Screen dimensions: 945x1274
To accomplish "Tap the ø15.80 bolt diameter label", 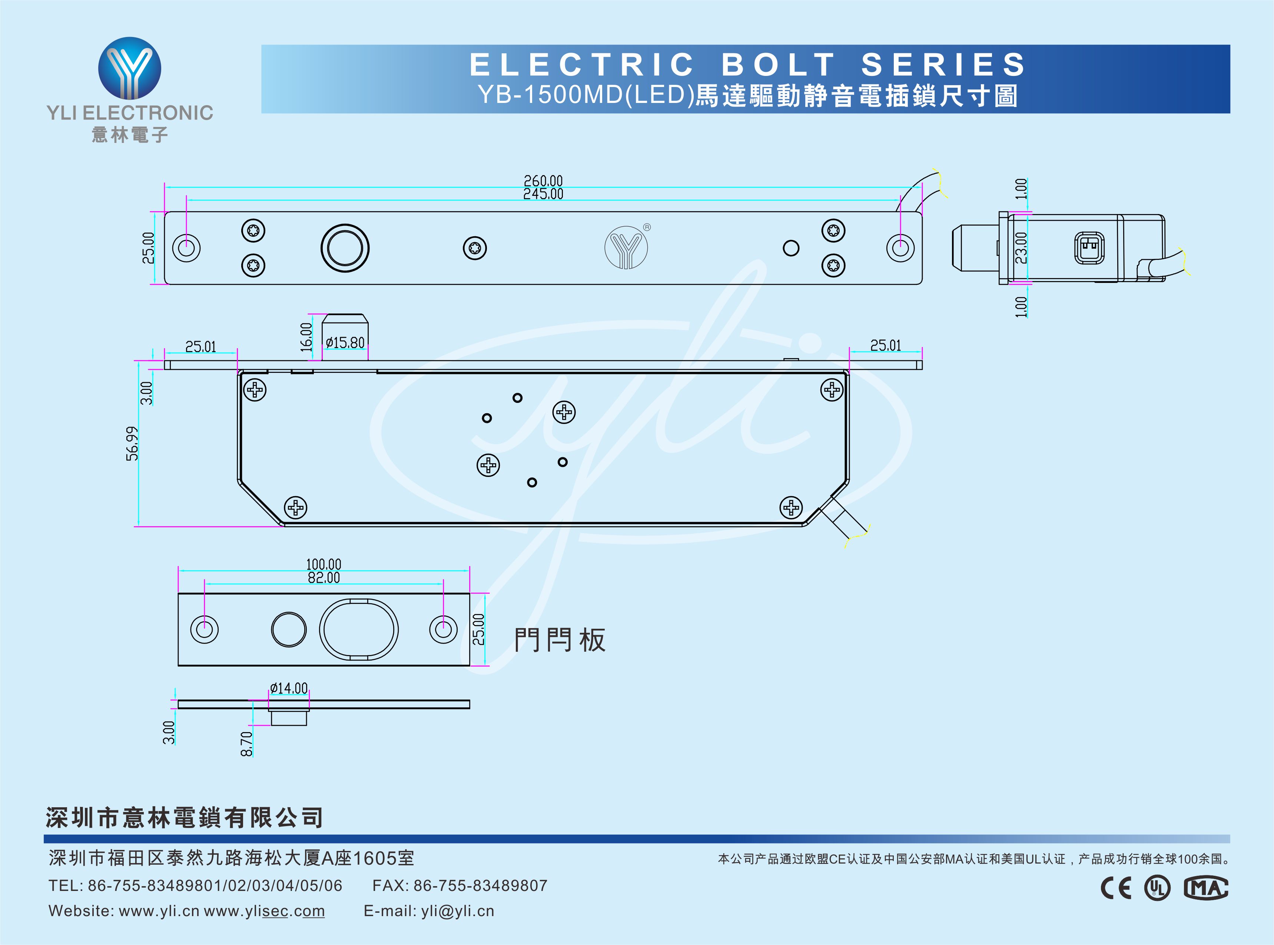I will (345, 343).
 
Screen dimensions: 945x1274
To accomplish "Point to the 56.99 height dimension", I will (132, 443).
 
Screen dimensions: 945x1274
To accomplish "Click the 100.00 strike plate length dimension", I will (324, 565).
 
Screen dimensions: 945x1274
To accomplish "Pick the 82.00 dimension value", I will (324, 578).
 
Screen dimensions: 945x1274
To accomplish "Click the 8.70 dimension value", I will (246, 744).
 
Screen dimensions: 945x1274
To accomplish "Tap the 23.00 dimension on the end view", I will (1021, 248).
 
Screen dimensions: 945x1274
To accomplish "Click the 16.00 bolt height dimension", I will (306, 337).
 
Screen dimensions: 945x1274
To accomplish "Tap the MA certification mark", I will (1205, 888).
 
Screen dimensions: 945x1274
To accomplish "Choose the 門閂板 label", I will (559, 640).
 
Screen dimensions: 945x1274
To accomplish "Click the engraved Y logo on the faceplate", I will (626, 248).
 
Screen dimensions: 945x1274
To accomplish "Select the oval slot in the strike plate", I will (359, 629).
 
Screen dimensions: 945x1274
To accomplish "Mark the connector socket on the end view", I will (1089, 248).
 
